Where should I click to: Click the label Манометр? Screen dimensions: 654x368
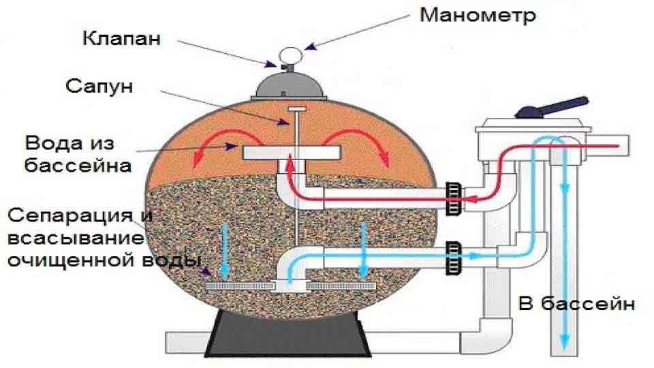[x=478, y=16]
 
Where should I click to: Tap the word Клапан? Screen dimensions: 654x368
[x=121, y=38]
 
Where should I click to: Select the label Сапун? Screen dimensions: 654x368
[x=99, y=87]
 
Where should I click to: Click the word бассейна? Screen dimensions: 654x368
[x=78, y=165]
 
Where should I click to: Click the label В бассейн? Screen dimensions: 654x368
[x=576, y=303]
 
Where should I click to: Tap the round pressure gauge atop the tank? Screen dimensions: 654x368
[x=290, y=55]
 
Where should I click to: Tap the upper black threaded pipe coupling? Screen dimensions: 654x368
[x=454, y=198]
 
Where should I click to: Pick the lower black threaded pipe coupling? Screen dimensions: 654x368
[x=454, y=258]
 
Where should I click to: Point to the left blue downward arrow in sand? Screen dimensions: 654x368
[x=224, y=251]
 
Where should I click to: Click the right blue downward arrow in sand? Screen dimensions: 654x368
[x=364, y=250]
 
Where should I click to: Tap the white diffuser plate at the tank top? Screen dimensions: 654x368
[x=292, y=152]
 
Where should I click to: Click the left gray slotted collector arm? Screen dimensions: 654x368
[x=240, y=286]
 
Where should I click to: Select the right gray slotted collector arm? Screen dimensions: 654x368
[x=341, y=286]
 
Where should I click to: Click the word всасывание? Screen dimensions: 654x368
[x=76, y=239]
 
